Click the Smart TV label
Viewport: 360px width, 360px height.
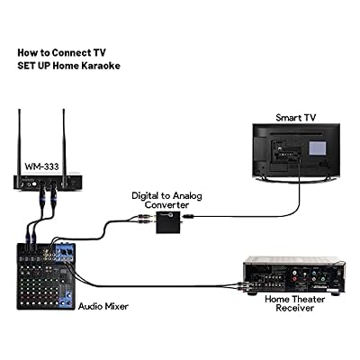point(296,117)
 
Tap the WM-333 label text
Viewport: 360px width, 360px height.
point(41,166)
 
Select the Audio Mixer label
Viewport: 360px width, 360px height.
point(103,306)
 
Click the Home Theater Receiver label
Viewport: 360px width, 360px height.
point(294,303)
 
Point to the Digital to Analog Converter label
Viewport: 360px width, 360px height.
point(166,201)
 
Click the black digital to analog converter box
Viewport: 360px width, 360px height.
point(168,222)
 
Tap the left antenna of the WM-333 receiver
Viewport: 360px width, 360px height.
point(20,140)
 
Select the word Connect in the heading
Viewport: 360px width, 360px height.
point(71,53)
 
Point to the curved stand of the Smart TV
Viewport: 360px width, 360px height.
point(296,179)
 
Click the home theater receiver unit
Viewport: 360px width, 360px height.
point(293,275)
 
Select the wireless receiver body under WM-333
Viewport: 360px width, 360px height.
point(47,181)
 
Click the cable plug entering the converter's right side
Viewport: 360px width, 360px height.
point(189,216)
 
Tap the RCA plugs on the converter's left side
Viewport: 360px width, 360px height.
point(146,219)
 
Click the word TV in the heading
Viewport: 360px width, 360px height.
point(99,53)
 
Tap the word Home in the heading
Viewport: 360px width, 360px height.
point(66,66)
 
